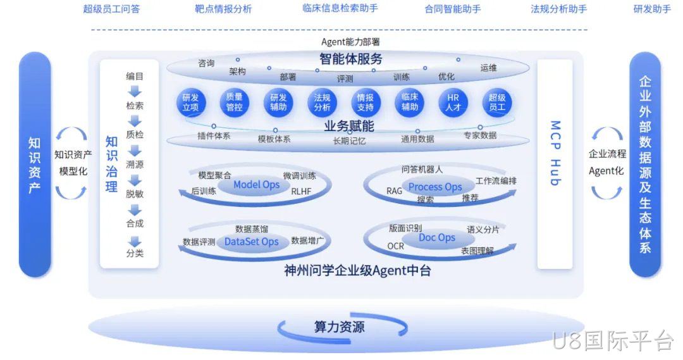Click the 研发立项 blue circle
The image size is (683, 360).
(x=191, y=102)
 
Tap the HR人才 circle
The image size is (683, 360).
(x=453, y=102)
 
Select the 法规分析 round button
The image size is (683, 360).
(x=322, y=102)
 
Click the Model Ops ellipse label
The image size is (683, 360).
(x=256, y=185)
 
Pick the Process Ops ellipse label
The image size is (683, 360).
(x=435, y=187)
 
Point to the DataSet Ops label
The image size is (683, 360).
(x=251, y=242)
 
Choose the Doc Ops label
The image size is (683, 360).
(x=437, y=238)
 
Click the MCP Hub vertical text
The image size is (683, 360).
(x=555, y=153)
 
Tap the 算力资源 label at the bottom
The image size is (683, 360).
(x=340, y=327)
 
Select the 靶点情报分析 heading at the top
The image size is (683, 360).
(x=223, y=9)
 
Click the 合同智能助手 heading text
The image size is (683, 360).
(x=453, y=9)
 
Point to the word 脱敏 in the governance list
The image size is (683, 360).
(x=135, y=194)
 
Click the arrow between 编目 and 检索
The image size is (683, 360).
(x=135, y=91)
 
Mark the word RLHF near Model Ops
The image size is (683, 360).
(x=301, y=191)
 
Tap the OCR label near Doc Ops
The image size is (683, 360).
(x=395, y=246)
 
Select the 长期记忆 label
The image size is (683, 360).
(x=349, y=141)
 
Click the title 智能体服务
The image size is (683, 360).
(x=350, y=59)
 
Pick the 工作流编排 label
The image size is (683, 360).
(x=496, y=181)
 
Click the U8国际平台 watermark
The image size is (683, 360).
(x=613, y=340)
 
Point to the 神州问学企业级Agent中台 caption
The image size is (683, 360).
(x=357, y=271)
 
